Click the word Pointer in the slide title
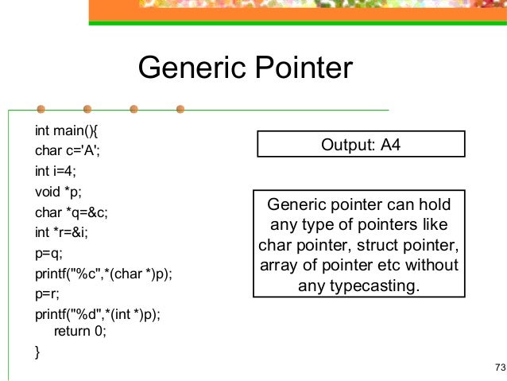pos(298,68)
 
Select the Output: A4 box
pos(361,144)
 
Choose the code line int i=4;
pos(55,169)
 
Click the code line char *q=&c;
pos(71,212)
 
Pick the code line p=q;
pos(48,253)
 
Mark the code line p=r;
pos(47,294)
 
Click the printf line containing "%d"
pos(98,315)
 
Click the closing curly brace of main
pos(37,351)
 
